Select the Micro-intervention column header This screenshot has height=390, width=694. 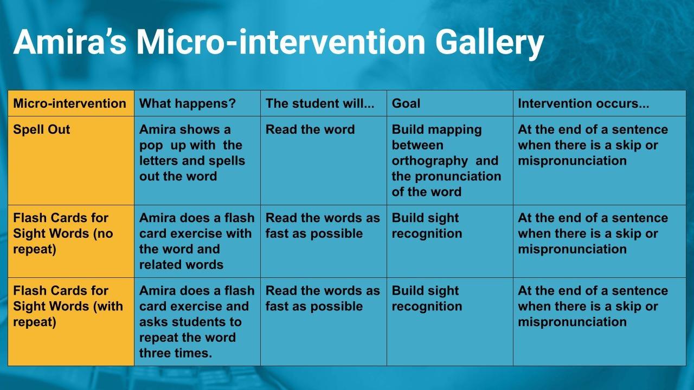pyautogui.click(x=69, y=103)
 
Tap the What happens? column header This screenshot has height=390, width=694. pyautogui.click(x=188, y=103)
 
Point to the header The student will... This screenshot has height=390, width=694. pyautogui.click(x=320, y=103)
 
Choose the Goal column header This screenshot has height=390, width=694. pyautogui.click(x=406, y=103)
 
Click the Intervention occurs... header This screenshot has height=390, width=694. pyautogui.click(x=583, y=103)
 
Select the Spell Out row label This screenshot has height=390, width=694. pyautogui.click(x=42, y=129)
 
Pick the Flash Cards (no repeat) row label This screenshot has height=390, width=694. pyautogui.click(x=63, y=233)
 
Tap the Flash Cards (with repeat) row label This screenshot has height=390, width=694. pyautogui.click(x=68, y=306)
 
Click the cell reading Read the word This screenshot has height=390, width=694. pyautogui.click(x=310, y=129)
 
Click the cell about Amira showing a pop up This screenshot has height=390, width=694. pyautogui.click(x=192, y=153)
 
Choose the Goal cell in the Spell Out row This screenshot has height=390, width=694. pyautogui.click(x=446, y=160)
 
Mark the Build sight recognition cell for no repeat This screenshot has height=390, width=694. pyautogui.click(x=427, y=226)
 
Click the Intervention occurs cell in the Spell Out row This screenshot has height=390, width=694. pyautogui.click(x=593, y=145)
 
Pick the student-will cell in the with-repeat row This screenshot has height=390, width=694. pyautogui.click(x=323, y=298)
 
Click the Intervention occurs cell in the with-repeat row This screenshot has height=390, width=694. pyautogui.click(x=593, y=306)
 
